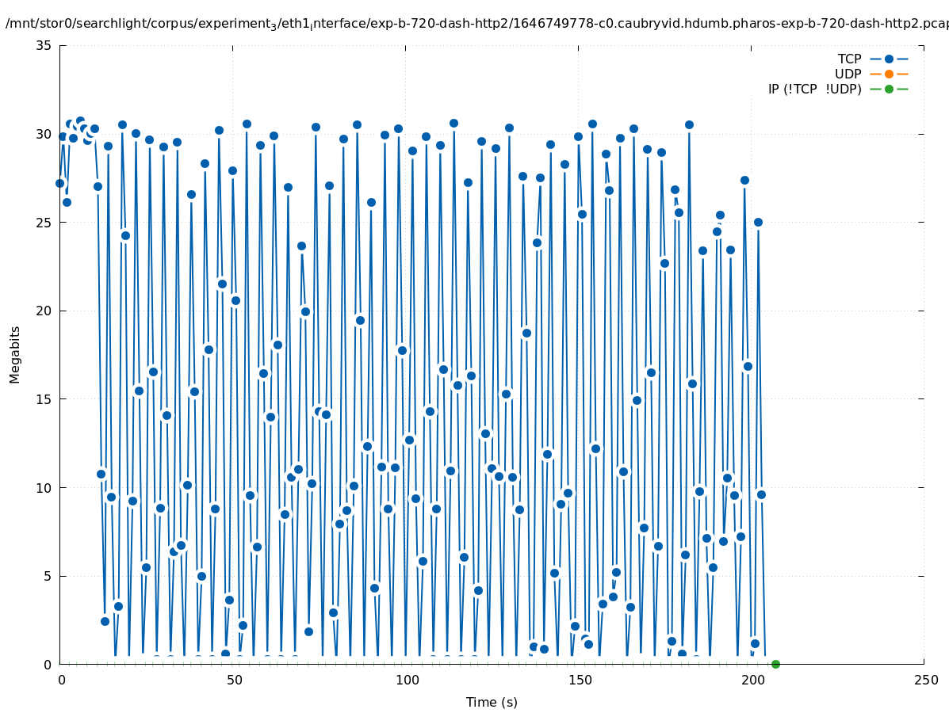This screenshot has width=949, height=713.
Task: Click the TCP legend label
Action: [849, 59]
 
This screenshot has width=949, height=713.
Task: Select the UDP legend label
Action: [848, 74]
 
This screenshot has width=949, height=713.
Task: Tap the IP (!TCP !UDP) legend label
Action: [814, 90]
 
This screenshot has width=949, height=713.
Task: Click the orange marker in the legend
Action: [889, 74]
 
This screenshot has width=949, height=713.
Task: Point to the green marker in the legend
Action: [889, 90]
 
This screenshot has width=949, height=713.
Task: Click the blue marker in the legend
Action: [889, 59]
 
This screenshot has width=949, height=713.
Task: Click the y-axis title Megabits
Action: [15, 354]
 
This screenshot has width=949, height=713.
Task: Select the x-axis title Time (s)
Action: [492, 702]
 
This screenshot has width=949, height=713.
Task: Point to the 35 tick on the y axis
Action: [44, 45]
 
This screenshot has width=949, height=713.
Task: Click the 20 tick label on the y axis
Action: [44, 311]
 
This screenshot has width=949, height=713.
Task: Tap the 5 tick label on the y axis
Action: [48, 576]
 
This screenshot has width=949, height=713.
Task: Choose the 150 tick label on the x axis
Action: [580, 681]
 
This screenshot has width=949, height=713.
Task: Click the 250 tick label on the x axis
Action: [925, 681]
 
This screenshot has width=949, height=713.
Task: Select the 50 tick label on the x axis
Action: [234, 681]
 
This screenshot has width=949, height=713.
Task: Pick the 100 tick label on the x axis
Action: [407, 681]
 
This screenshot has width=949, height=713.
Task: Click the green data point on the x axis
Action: [775, 664]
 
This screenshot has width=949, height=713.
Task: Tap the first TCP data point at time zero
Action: [59, 183]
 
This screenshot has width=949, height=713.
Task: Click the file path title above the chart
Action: [476, 24]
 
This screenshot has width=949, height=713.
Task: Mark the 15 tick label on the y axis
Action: [44, 399]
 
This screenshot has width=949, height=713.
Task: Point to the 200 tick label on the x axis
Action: [752, 681]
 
